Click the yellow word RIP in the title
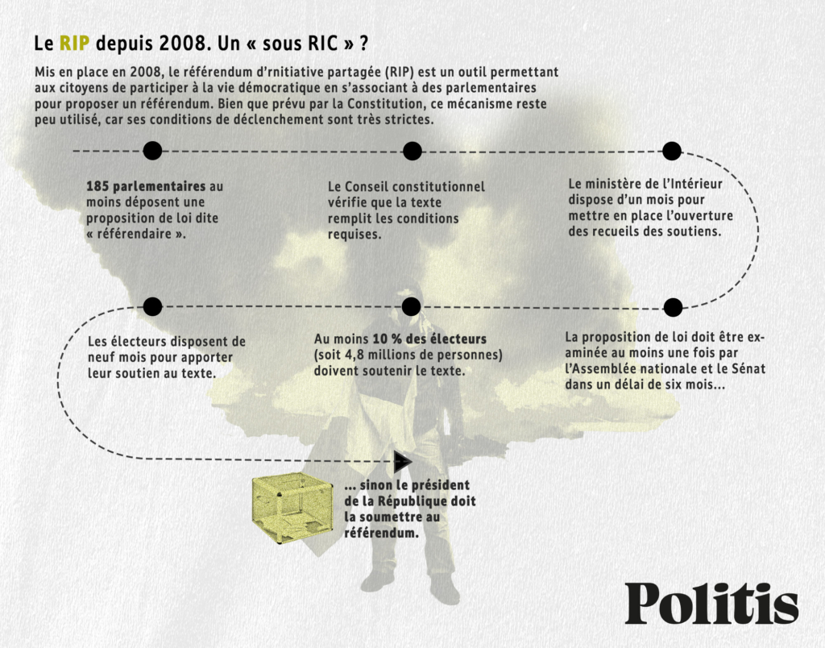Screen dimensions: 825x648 pyautogui.click(x=74, y=44)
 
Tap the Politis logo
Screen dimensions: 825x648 pyautogui.click(x=711, y=603)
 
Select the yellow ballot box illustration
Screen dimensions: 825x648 pyautogui.click(x=292, y=509)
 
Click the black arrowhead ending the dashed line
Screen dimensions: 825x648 pyautogui.click(x=403, y=462)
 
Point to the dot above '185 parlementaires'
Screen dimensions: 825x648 pyautogui.click(x=152, y=151)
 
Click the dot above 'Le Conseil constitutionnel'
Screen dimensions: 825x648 pyautogui.click(x=412, y=151)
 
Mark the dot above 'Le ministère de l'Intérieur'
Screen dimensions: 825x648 pyautogui.click(x=672, y=151)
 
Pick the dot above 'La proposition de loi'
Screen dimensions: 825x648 pyautogui.click(x=673, y=307)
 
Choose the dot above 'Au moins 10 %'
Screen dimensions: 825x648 pyautogui.click(x=411, y=306)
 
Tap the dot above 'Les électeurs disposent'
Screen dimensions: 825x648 pyautogui.click(x=152, y=306)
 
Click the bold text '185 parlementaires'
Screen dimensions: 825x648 pyautogui.click(x=146, y=186)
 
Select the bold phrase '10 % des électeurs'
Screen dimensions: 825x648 pyautogui.click(x=430, y=339)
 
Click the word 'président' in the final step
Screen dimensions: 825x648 pyautogui.click(x=441, y=485)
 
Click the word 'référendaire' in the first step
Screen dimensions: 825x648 pyautogui.click(x=134, y=235)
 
